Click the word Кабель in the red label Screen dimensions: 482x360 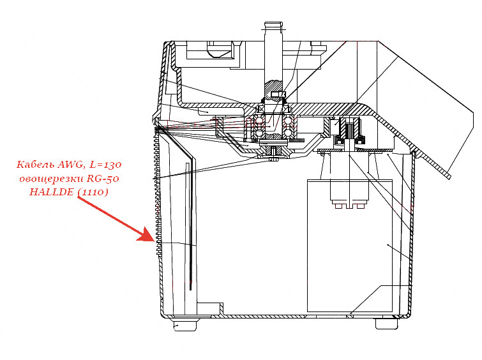coord(35,165)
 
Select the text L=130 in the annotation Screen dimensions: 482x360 coord(105,165)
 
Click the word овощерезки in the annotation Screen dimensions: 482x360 coord(51,179)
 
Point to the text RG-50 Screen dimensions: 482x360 coord(103,178)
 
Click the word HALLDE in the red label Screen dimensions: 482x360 coord(52,192)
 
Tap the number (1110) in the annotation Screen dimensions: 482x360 coord(93,192)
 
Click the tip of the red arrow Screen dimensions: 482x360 coord(154,241)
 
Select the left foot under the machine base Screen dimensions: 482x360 coord(185,325)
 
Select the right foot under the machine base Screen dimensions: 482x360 coord(386,324)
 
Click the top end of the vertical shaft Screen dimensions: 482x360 coord(273,22)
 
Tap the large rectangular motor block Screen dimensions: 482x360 coord(350,246)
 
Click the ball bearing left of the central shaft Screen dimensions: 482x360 coord(259,126)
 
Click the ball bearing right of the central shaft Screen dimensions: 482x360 coord(288,126)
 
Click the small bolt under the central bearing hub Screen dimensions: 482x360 coord(273,154)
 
